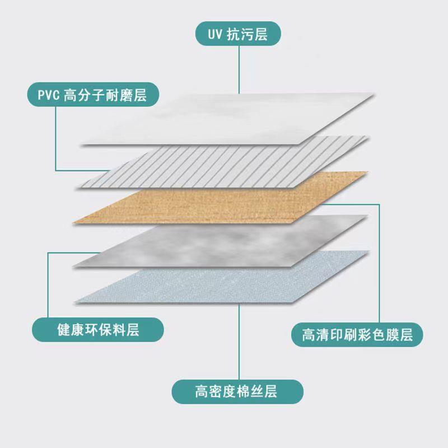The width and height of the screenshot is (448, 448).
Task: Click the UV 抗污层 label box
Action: [237, 34]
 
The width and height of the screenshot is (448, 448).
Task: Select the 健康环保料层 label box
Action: [98, 330]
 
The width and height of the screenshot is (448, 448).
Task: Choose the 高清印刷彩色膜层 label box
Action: [357, 335]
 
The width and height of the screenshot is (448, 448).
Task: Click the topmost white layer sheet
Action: [224, 120]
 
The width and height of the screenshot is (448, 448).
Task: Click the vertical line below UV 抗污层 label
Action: [239, 70]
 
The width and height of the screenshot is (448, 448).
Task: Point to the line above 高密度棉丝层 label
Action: [239, 342]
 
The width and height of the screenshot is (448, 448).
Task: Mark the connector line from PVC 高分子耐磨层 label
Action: [56, 140]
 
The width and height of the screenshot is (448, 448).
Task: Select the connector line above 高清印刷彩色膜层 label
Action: [380, 263]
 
